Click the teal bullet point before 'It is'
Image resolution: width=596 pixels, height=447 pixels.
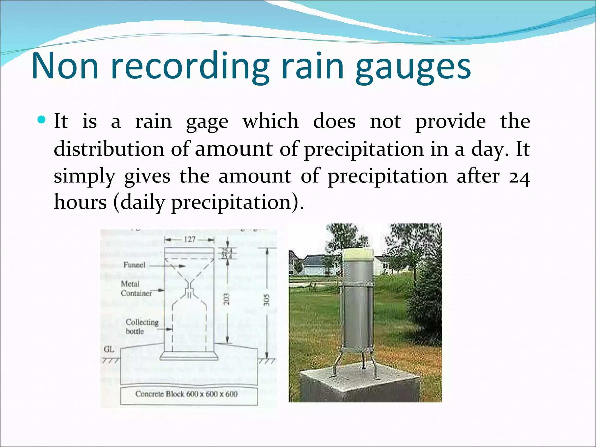coord(42,120)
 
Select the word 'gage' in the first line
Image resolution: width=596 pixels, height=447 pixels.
coord(207,122)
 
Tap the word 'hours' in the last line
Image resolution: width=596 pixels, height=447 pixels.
coord(80,202)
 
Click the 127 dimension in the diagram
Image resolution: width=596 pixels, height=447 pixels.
coord(189,240)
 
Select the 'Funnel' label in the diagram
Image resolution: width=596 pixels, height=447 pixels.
coord(134,265)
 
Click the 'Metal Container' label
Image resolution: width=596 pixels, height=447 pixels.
coord(136,288)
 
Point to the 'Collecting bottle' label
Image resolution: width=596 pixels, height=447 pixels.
coord(142,327)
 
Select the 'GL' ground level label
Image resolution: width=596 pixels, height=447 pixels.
coord(109,349)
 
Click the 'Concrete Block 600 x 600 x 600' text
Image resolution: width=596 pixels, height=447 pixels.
coord(187,394)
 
